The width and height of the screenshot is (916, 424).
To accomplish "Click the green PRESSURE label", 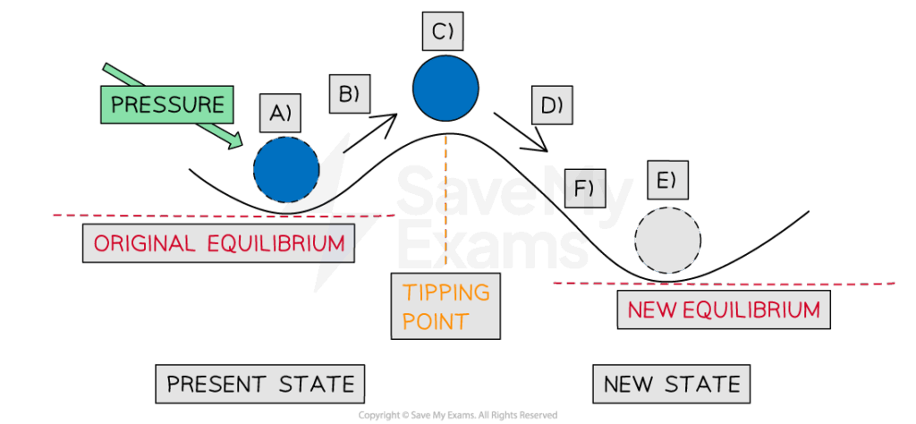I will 167,104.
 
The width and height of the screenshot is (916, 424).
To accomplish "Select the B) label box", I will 349,93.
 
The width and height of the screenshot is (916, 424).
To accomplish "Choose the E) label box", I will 666,182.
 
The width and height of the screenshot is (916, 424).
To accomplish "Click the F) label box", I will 584,189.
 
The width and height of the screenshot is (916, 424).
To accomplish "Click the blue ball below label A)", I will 286,169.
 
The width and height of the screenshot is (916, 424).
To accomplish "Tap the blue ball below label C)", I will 445,88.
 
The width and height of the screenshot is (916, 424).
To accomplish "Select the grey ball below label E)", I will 667,240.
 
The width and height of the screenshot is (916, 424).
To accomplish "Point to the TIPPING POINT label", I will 445,307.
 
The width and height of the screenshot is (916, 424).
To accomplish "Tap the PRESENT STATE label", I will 261,385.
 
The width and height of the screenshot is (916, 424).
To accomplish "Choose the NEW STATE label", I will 672,385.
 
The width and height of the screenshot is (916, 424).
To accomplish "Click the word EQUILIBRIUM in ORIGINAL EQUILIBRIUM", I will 281,243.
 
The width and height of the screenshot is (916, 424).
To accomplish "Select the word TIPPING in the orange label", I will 446,293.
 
